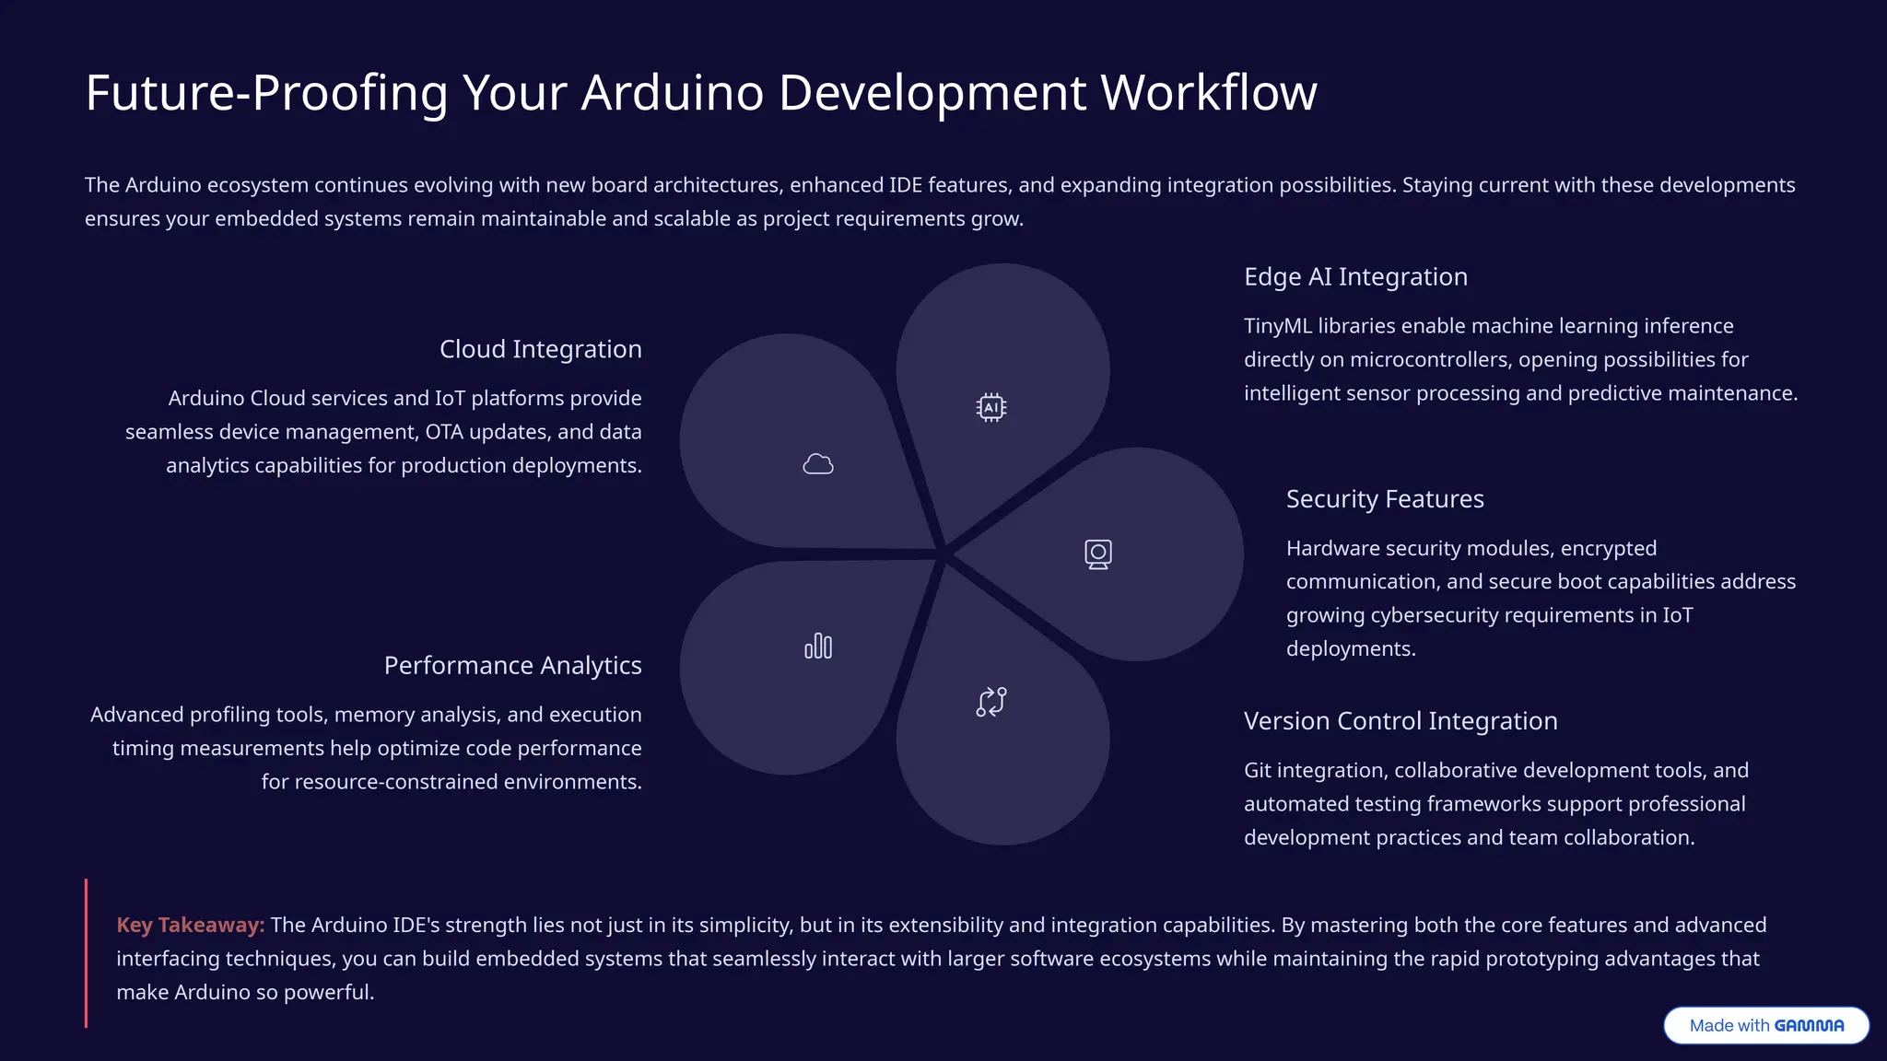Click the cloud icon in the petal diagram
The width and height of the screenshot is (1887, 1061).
[x=818, y=464]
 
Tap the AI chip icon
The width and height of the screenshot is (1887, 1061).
[x=991, y=407]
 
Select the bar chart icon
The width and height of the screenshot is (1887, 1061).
[x=818, y=646]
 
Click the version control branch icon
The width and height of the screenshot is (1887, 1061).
[x=991, y=702]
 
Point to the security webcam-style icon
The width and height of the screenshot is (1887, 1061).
[x=1098, y=554]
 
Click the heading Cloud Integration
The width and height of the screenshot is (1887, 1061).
[x=540, y=349]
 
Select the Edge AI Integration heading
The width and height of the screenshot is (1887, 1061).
[x=1355, y=276]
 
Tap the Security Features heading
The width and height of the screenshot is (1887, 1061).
[x=1385, y=499]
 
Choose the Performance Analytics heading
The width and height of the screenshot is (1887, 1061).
[x=512, y=665]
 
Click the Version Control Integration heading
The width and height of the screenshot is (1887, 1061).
[x=1401, y=721]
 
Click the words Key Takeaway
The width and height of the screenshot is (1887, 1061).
[x=190, y=925]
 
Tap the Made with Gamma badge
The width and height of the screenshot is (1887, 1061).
[x=1766, y=1025]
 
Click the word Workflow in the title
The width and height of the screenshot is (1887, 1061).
[x=1209, y=93]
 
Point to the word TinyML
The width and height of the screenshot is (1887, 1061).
[x=1278, y=326]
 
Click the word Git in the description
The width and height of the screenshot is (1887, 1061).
[x=1258, y=770]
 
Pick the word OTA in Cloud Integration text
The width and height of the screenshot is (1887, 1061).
[x=444, y=432]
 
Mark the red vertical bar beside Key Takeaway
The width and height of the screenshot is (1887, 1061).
[x=87, y=953]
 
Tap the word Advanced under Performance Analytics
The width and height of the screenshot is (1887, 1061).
[x=135, y=715]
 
